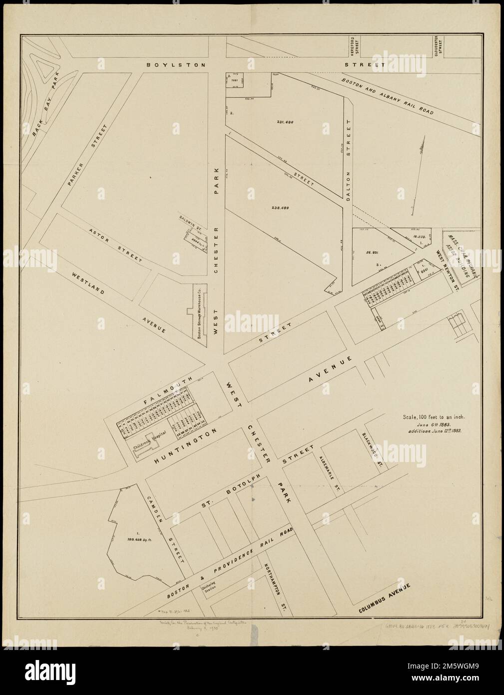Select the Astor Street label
(114, 246)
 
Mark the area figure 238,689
(281, 207)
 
